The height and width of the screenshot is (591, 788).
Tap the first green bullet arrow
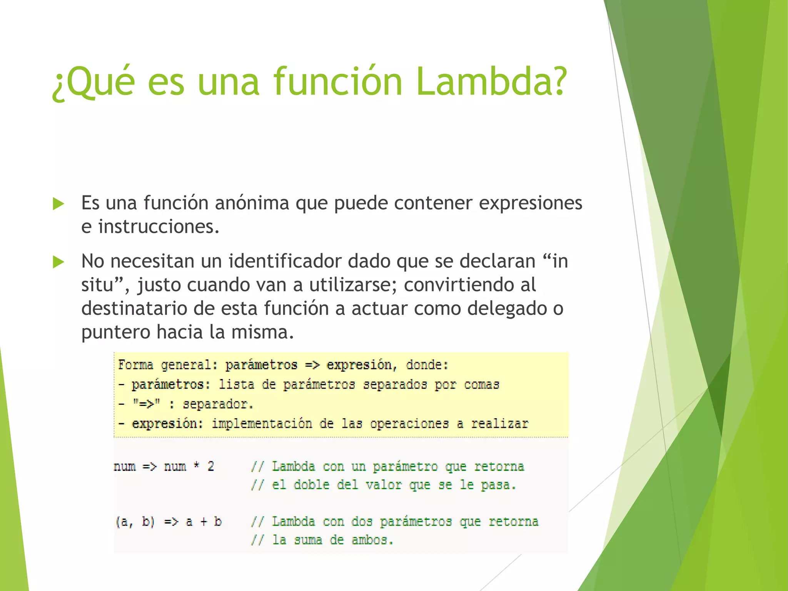[58, 204]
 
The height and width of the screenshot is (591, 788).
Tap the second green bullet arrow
[58, 262]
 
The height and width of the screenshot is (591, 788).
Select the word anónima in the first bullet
[252, 203]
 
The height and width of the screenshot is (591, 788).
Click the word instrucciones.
[159, 227]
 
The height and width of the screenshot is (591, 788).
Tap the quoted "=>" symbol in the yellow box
[146, 404]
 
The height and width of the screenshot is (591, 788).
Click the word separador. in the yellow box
[218, 404]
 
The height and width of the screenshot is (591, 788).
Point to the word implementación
[262, 424]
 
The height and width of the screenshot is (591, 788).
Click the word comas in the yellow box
[481, 384]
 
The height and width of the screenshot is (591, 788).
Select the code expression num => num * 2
[164, 466]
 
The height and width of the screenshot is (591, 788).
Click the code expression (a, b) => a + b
[169, 522]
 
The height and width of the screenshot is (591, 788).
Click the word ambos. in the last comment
[372, 540]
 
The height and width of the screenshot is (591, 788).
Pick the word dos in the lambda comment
[362, 522]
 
